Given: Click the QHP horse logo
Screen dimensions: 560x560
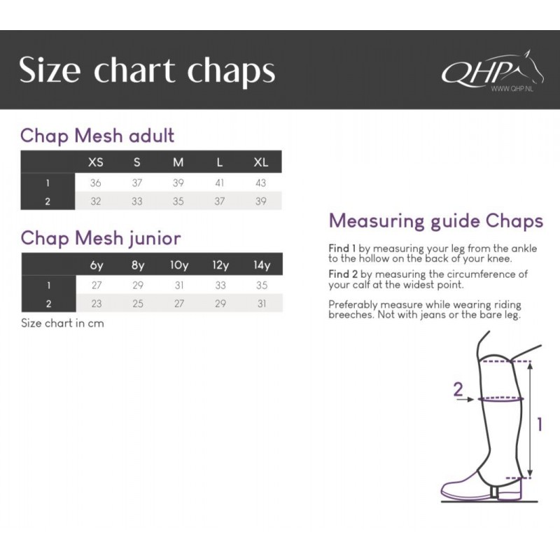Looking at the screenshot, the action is (492, 71).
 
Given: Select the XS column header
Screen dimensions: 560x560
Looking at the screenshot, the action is (96, 162).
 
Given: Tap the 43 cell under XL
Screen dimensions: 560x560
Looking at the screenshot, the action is (260, 183).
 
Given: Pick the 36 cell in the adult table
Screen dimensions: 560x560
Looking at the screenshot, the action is (95, 183).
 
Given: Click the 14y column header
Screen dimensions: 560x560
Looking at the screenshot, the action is (262, 265).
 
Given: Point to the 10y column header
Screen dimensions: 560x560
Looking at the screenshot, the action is (179, 265).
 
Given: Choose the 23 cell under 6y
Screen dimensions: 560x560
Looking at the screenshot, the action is (97, 304).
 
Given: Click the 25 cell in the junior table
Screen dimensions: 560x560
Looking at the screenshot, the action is (138, 304).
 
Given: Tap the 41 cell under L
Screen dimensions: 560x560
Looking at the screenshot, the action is (219, 183).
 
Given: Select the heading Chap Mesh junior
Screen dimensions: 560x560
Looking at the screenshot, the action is (101, 238).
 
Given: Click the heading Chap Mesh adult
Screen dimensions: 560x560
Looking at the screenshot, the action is (97, 136).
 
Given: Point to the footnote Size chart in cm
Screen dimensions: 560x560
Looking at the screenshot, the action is (62, 323).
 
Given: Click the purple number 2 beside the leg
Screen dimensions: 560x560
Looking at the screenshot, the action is (458, 388).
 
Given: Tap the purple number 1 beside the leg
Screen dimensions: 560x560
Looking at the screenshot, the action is (540, 424).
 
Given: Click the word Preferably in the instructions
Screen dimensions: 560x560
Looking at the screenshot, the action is (353, 305).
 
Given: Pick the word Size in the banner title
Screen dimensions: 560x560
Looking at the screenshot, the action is (50, 69).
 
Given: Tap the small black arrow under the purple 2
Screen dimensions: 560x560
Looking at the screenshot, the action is (466, 400).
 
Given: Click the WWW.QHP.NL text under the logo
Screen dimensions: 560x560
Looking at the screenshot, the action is (512, 89).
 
